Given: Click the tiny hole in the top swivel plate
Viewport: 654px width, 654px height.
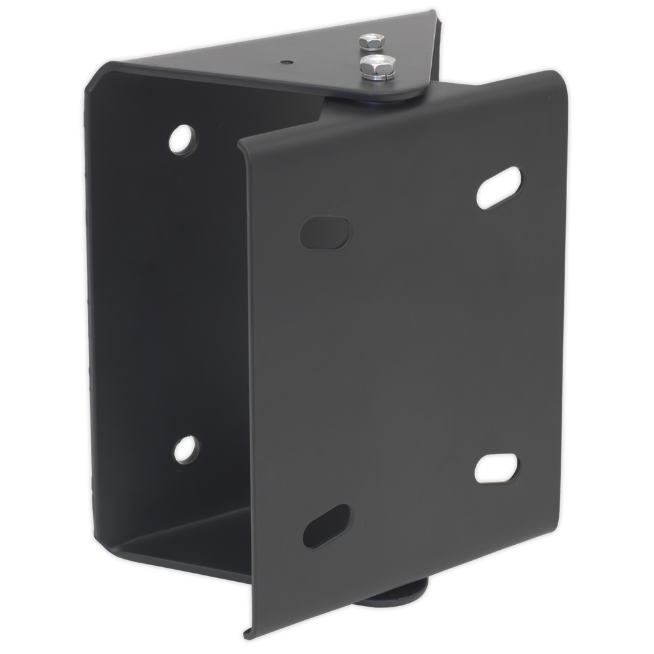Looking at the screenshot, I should click(x=285, y=61).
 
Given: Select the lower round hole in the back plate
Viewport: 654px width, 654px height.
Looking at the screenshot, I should click(x=185, y=449).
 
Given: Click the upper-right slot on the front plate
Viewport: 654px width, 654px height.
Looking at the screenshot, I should click(x=498, y=187).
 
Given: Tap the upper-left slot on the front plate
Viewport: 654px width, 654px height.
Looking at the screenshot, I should click(x=326, y=233).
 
